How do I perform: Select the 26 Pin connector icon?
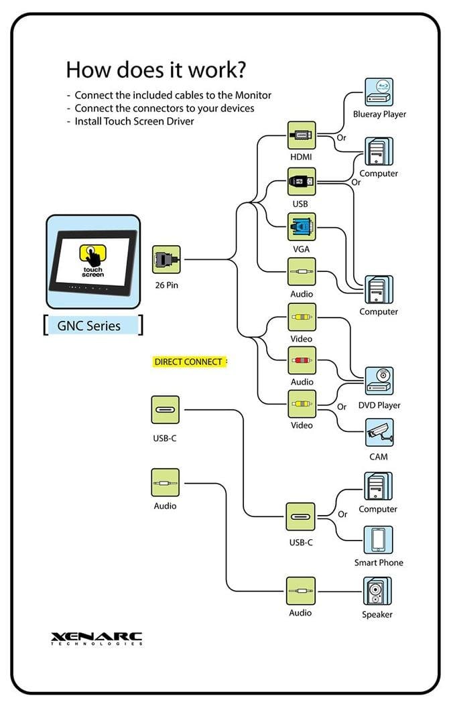tap(166, 259)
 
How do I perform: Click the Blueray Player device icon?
tap(379, 92)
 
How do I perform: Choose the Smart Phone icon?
tap(378, 540)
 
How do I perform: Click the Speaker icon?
tap(378, 591)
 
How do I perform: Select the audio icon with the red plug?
tap(301, 361)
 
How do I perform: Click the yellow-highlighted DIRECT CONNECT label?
tap(188, 362)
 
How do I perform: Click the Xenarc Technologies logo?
tap(96, 638)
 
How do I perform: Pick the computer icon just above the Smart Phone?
tap(378, 486)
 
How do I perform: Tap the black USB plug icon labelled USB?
tap(301, 181)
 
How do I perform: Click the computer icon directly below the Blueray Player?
tap(379, 151)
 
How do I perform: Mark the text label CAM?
tap(379, 457)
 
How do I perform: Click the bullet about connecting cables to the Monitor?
tap(169, 95)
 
